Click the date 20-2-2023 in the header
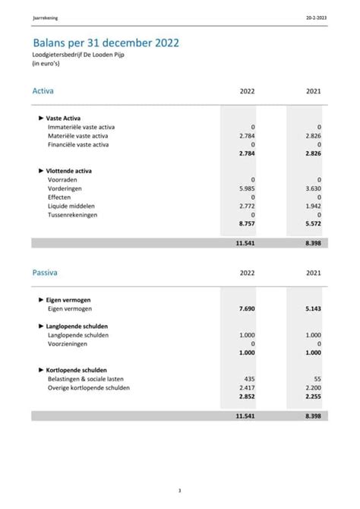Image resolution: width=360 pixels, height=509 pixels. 317,16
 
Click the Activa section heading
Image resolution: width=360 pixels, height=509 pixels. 43,91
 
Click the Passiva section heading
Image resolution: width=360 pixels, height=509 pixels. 45,272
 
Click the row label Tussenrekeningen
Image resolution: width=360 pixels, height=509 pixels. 72,215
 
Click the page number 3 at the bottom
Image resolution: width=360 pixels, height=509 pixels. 179,490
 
